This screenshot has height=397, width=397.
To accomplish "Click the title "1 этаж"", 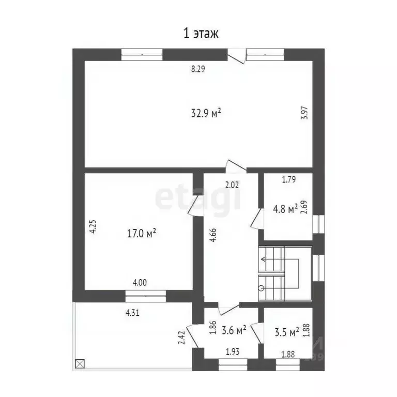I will (x=201, y=34).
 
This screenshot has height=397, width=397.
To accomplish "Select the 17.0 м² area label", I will (x=141, y=234).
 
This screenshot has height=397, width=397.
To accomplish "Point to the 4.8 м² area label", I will (x=285, y=209).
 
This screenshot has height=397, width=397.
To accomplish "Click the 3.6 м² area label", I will (x=233, y=329).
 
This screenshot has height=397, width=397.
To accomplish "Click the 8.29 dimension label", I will (x=198, y=69).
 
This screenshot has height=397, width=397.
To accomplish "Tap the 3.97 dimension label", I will (x=304, y=113).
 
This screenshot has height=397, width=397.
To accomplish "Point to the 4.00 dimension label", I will (x=140, y=283).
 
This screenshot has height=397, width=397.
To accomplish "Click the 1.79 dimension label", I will (x=288, y=180).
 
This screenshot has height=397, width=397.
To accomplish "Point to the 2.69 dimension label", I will (x=304, y=207).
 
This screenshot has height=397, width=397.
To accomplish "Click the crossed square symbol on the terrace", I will (x=79, y=363).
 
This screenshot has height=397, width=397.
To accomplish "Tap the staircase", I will (x=286, y=274).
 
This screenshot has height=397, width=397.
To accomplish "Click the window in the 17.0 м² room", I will (x=146, y=295).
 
